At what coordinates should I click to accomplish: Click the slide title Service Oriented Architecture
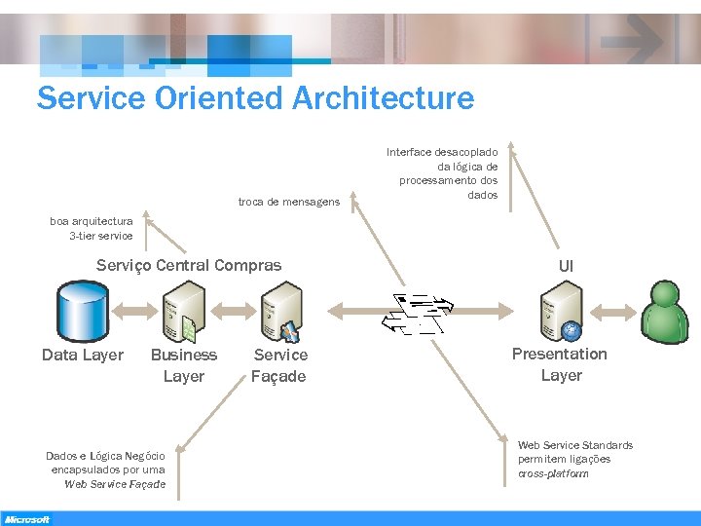coord(255,98)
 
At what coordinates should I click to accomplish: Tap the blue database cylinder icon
coord(82,308)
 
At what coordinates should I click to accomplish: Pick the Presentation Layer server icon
coord(562,310)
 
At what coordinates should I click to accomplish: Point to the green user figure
coord(666,310)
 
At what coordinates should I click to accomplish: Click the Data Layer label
coord(83,355)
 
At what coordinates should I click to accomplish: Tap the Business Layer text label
coord(184,365)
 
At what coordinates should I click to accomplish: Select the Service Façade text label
coord(279,365)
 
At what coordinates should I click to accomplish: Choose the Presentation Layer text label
coord(560,364)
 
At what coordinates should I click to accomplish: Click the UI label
coord(566,266)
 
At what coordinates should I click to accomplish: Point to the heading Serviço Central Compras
coord(189,265)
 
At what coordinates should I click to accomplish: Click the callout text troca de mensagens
coord(289,202)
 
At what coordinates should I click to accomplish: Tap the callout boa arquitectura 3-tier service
coord(92,228)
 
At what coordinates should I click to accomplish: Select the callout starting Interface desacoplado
coord(442,173)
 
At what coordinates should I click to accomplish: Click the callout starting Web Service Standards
coord(574,459)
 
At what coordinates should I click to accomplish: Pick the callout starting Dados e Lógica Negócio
coord(106,470)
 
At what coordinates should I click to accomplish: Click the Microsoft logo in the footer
coord(26,519)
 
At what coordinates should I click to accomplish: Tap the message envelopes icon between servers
coord(416,312)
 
